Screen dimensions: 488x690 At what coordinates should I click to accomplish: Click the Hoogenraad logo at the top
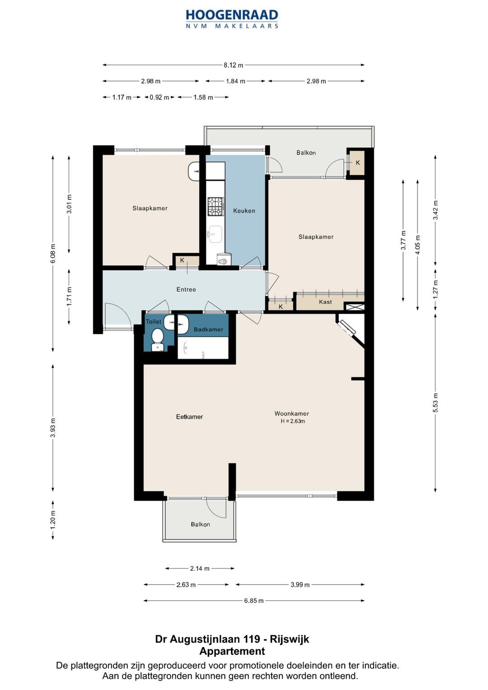click(232, 19)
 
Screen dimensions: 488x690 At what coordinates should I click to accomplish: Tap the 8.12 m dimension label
click(233, 65)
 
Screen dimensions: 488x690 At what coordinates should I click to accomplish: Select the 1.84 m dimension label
click(235, 81)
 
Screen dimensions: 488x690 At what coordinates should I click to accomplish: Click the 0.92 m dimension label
click(159, 98)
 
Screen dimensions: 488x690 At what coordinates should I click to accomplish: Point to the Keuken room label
click(244, 211)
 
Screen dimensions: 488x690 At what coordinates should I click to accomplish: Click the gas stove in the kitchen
click(216, 207)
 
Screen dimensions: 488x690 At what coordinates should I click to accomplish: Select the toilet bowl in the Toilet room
click(158, 339)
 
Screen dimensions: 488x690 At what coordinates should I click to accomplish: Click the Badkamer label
click(208, 329)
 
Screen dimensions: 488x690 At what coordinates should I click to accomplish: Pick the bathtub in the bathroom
click(203, 347)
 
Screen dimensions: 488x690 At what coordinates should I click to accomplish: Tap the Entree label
click(186, 289)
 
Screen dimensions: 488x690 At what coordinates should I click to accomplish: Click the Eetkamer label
click(189, 417)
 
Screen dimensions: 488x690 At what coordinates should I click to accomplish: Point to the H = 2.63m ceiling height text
click(293, 421)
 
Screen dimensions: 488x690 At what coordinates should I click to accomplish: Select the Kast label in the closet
click(325, 302)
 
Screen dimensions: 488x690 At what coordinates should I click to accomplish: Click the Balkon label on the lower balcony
click(200, 524)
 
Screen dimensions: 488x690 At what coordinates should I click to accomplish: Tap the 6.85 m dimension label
click(254, 601)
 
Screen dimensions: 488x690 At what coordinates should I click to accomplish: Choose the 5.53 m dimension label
click(435, 403)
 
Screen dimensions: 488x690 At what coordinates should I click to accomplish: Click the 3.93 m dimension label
click(53, 427)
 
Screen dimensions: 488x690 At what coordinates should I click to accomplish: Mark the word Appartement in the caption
click(232, 651)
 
